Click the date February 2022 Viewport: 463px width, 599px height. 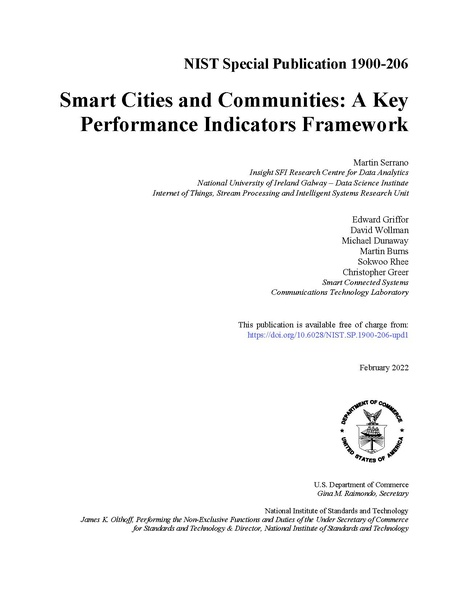click(383, 369)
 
